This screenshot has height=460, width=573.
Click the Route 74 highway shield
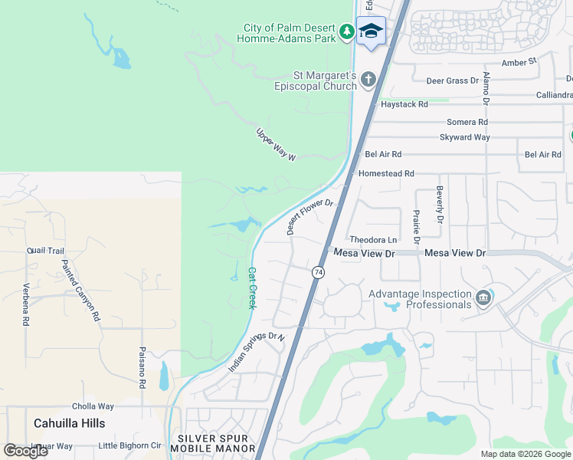(319, 272)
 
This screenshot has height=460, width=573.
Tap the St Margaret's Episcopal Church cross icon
(368, 79)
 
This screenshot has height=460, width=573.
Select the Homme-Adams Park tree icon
(348, 31)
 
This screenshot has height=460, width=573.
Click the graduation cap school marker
(371, 31)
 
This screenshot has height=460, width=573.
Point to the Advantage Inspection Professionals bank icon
(483, 297)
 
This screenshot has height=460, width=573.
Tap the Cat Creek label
(252, 287)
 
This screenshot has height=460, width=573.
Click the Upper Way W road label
(275, 143)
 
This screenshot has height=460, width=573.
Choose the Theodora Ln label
(373, 240)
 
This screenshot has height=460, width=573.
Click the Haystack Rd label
(404, 103)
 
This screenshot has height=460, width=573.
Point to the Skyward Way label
(464, 137)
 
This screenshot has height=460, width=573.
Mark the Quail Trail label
(46, 250)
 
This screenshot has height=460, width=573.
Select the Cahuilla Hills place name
(70, 422)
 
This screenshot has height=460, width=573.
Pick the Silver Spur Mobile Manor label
(215, 443)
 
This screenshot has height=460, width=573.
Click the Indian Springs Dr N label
(257, 353)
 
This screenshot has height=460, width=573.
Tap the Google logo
(26, 450)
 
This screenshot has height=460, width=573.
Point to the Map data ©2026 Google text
(525, 454)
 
